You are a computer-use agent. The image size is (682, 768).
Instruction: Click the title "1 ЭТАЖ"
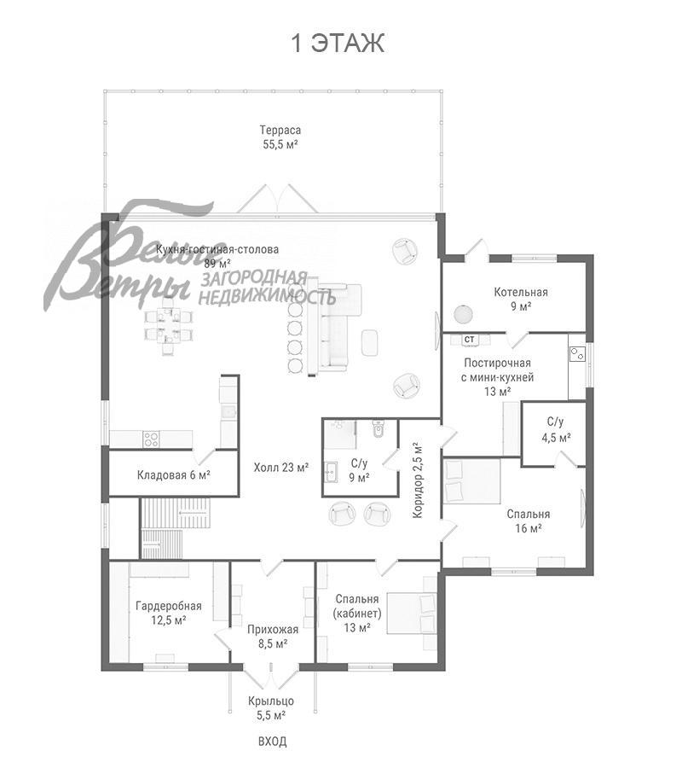(338, 44)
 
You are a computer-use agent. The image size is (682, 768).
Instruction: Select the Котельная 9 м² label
(521, 300)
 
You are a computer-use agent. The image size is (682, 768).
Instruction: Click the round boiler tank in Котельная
(463, 314)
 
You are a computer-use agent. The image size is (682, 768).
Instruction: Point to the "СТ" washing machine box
(469, 339)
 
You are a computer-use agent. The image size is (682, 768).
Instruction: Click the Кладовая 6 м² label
(174, 474)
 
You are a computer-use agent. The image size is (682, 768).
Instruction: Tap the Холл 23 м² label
(281, 468)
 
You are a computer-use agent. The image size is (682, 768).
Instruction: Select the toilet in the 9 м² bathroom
(379, 428)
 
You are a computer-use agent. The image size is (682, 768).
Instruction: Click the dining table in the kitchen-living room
(169, 326)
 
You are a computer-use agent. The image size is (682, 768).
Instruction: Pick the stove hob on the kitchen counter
(151, 439)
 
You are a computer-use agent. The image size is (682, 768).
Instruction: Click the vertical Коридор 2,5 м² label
(417, 480)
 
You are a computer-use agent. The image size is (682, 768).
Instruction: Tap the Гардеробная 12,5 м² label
(169, 614)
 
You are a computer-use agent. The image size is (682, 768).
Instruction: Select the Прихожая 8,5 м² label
(273, 637)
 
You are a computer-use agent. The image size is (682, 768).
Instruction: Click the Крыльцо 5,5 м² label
(271, 708)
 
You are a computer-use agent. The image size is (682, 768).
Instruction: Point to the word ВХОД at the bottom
(273, 742)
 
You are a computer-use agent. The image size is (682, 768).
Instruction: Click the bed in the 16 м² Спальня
(472, 481)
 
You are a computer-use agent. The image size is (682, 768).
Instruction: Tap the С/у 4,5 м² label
(556, 429)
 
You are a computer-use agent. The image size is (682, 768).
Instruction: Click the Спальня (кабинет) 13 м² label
(357, 614)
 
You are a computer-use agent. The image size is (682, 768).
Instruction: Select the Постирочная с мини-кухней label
(498, 370)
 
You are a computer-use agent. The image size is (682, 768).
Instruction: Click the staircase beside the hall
(176, 528)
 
